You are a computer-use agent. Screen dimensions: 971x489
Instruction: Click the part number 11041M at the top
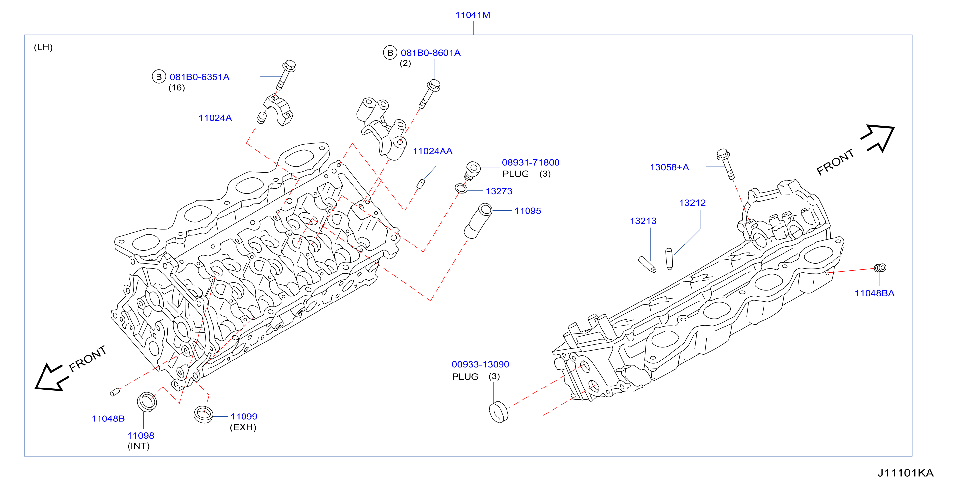(x=473, y=15)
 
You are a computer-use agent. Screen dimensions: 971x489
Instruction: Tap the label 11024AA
(x=432, y=151)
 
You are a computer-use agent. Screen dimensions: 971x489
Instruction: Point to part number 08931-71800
(x=530, y=162)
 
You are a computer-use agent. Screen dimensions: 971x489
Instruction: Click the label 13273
(x=499, y=191)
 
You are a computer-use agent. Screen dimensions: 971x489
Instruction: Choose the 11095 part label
(x=528, y=211)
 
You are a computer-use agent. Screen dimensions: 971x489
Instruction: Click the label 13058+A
(x=669, y=167)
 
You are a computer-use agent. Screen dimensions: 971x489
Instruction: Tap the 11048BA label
(x=874, y=293)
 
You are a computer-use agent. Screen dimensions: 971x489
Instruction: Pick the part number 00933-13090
(x=480, y=364)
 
